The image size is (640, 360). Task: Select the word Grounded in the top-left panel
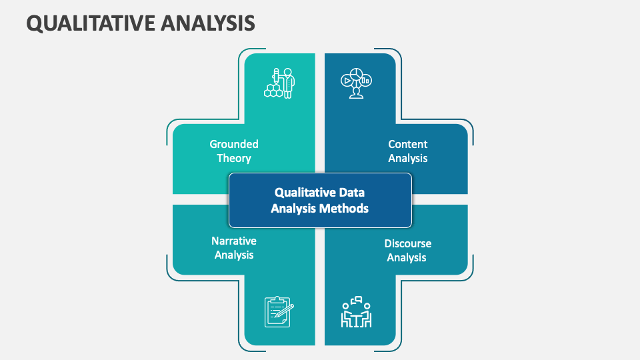234,144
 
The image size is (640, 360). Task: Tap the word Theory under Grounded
234,159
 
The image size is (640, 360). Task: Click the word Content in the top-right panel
407,144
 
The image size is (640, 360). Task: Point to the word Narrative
234,241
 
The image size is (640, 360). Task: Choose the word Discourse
407,243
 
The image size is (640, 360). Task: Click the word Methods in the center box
343,208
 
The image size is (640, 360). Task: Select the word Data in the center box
351,192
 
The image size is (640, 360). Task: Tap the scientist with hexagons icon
280,83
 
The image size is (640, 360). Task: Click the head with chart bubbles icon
355,83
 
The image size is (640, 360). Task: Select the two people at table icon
356,312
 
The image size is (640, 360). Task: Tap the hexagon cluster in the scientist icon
272,91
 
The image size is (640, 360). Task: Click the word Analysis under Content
407,159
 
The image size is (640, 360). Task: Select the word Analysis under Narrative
234,255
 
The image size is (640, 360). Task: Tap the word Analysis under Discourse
407,257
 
